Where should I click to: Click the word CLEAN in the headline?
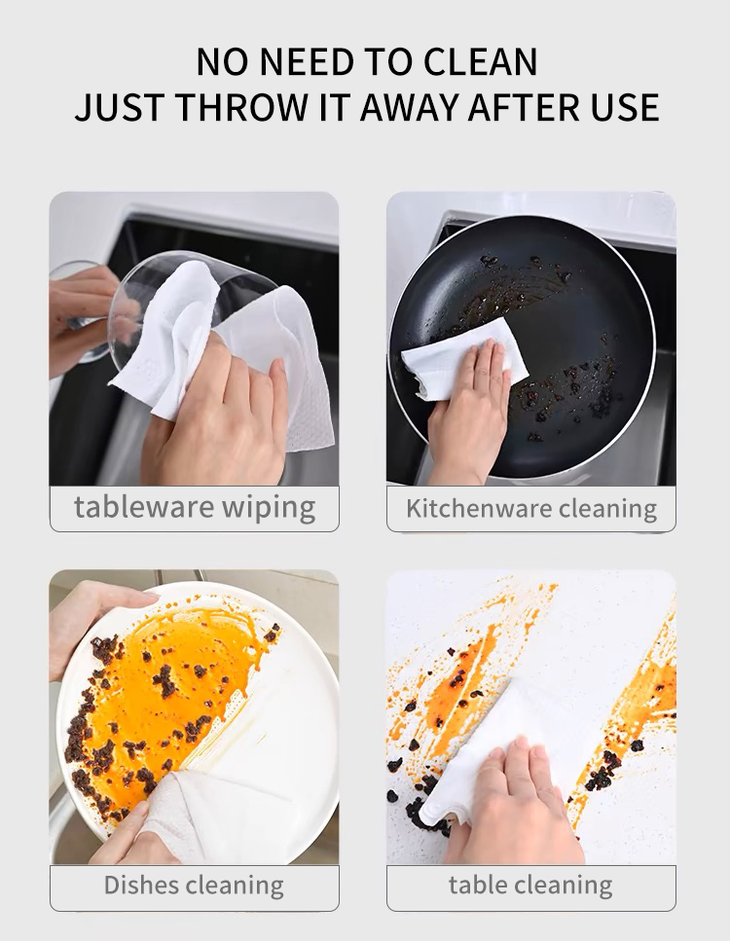[x=480, y=61]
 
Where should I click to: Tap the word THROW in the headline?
[x=240, y=107]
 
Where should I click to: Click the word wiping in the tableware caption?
[x=269, y=509]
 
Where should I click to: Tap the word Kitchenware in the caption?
[x=478, y=508]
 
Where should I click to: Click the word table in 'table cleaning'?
[x=477, y=885]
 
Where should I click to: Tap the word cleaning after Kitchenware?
[x=607, y=509]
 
